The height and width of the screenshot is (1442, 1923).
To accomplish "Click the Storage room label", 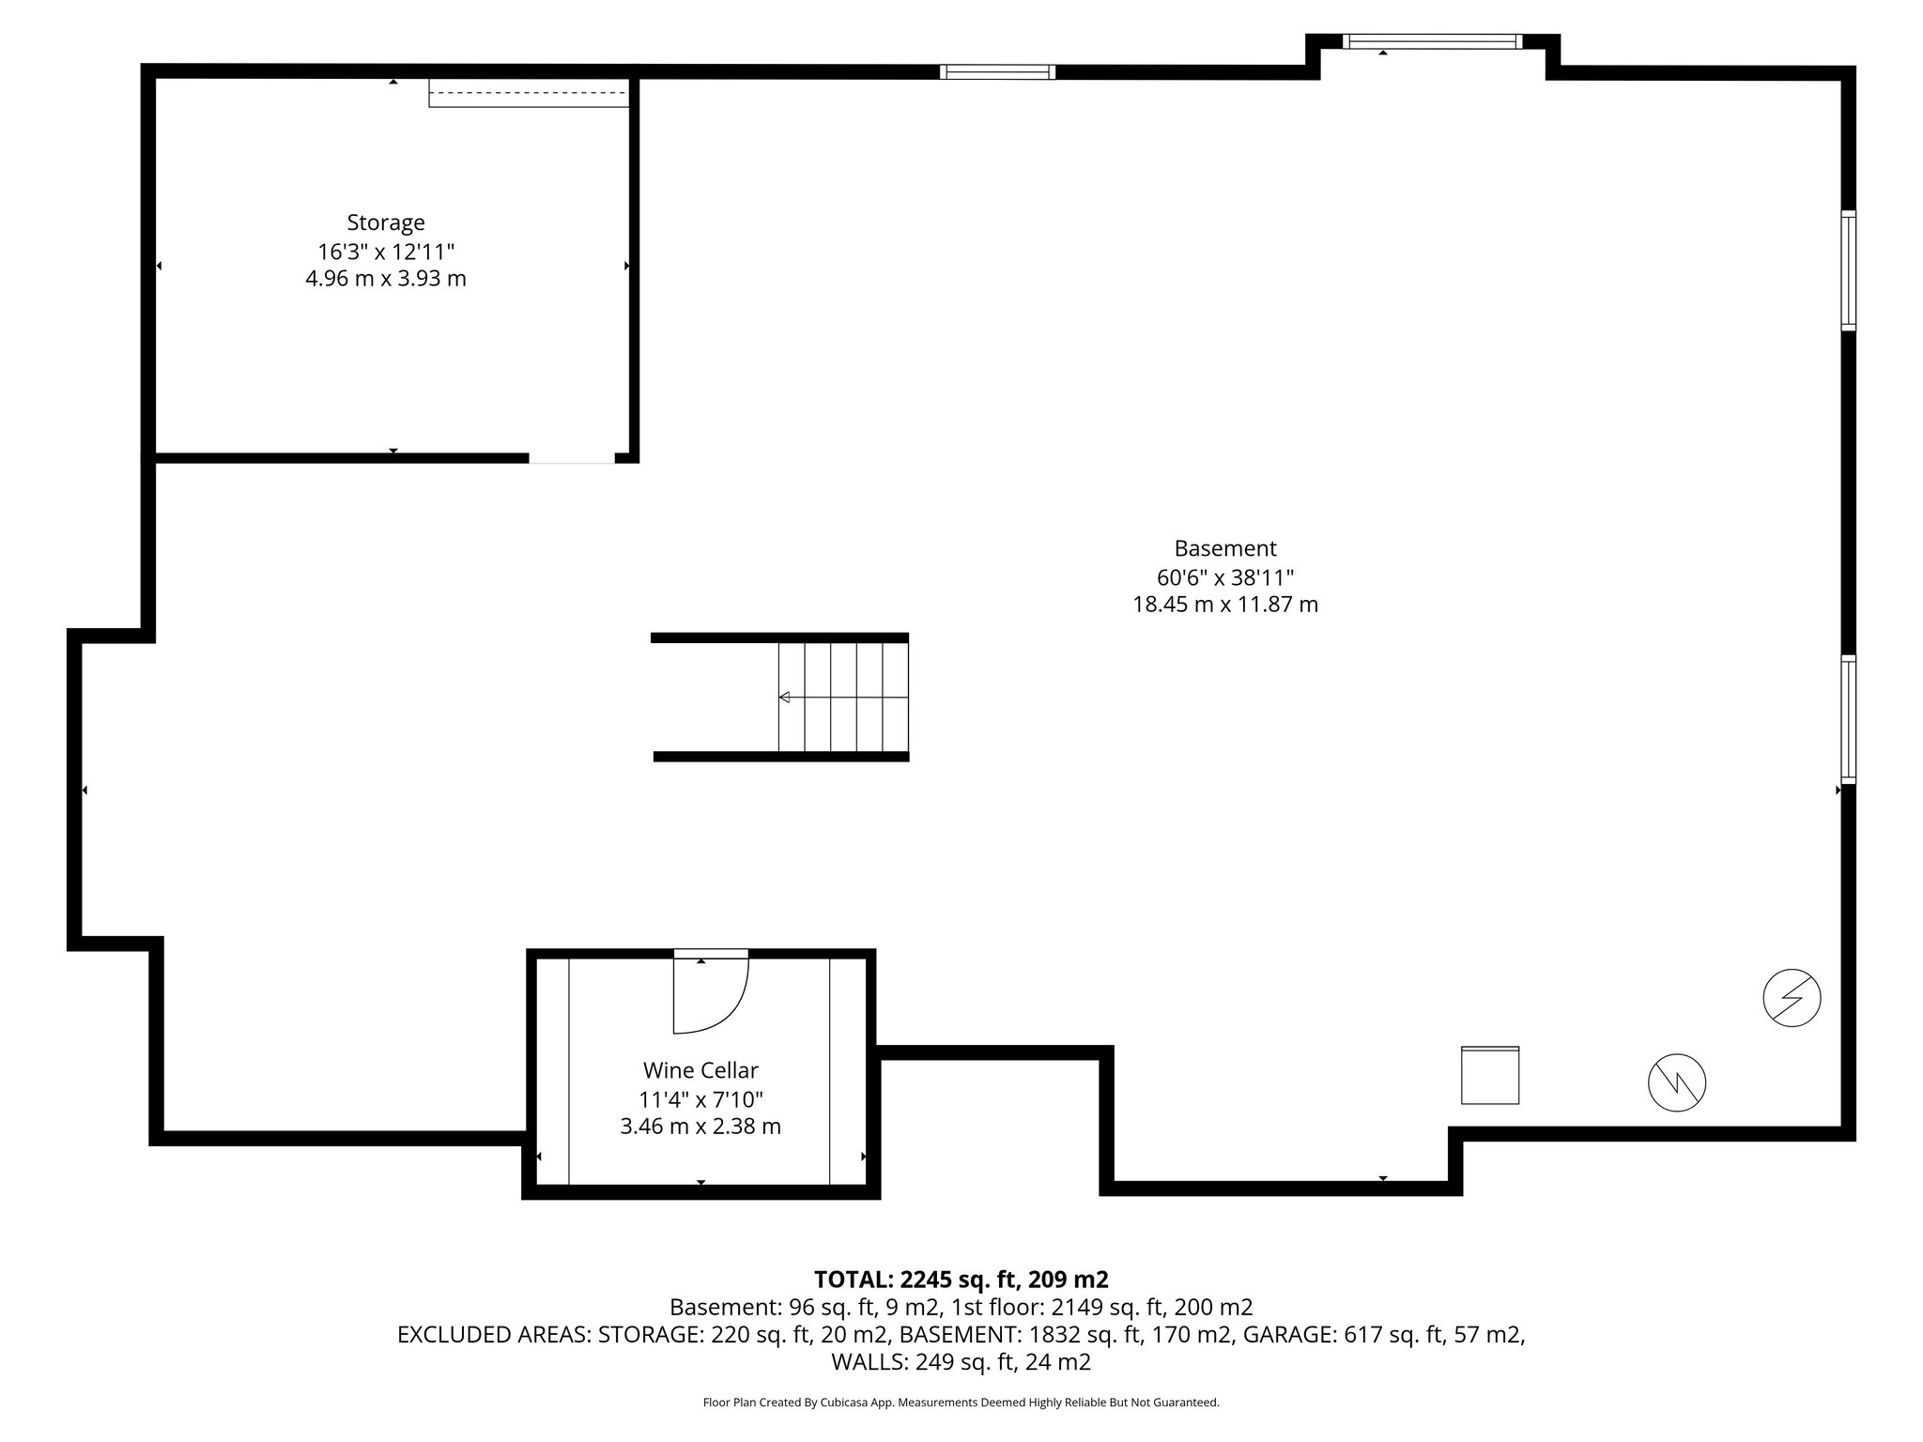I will click(386, 222).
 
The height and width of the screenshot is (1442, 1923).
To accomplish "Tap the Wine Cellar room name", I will click(700, 1070).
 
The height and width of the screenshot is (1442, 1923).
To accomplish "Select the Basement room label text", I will click(1225, 548).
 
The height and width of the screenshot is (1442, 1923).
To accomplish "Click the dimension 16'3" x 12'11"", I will click(386, 252).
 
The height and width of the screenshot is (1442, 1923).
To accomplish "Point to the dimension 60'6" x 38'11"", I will click(1225, 576).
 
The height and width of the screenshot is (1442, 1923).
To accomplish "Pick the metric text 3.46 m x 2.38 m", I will click(700, 1127).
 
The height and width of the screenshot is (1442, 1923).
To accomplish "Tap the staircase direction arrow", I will click(785, 697).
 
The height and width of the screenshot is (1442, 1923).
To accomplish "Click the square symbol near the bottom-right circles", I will click(1490, 1076).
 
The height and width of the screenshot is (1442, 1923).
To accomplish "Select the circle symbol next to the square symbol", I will click(1677, 1083).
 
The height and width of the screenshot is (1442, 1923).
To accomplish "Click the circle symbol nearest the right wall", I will click(1792, 997).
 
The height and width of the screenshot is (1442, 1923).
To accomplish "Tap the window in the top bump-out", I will click(1433, 41).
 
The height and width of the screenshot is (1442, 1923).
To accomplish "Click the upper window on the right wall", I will click(1848, 270).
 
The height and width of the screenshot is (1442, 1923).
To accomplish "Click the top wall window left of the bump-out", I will click(997, 72).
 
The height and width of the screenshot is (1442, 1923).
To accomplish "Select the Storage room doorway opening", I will click(572, 458).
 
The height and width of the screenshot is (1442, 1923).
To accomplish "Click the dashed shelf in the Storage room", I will click(529, 93).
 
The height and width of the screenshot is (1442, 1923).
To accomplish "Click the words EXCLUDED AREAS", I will click(494, 1335).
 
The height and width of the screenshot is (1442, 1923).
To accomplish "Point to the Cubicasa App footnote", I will click(961, 1403).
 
